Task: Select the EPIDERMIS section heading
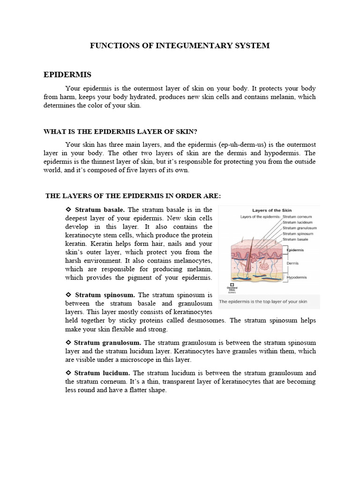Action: click(x=67, y=75)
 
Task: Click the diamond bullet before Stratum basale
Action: click(x=68, y=210)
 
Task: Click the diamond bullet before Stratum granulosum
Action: click(x=68, y=343)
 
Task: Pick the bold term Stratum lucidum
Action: click(x=102, y=373)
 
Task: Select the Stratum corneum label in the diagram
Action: click(x=298, y=217)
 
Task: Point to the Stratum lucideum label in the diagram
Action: click(x=298, y=222)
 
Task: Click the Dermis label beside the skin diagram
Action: click(x=293, y=263)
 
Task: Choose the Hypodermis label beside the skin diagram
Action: click(x=297, y=277)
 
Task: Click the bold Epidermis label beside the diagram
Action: click(x=295, y=250)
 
